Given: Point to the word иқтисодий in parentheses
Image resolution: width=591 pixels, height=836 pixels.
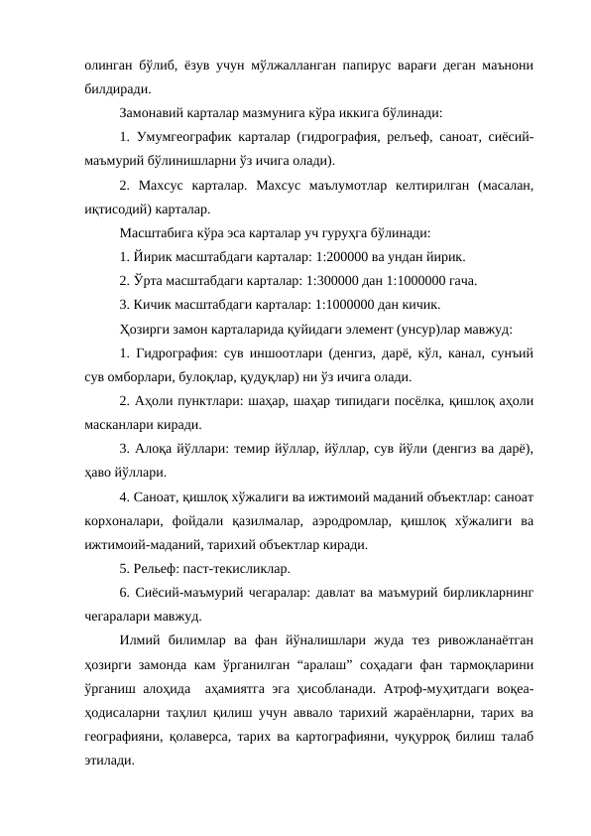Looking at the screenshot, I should (x=114, y=209).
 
